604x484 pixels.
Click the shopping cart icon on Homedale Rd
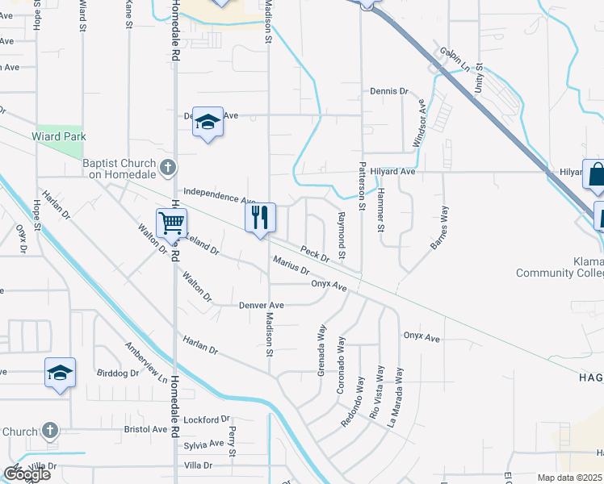tap(171, 221)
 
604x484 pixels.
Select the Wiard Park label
tap(59, 137)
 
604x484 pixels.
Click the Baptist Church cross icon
tap(168, 169)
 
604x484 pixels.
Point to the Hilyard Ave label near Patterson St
tap(394, 172)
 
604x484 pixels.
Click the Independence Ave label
tap(219, 196)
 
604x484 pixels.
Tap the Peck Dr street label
tap(315, 254)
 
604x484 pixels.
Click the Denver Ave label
tap(262, 306)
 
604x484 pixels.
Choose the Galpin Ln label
tap(455, 59)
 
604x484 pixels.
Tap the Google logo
tap(26, 474)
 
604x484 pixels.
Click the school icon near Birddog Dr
tap(60, 373)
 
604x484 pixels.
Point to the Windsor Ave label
tap(419, 123)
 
